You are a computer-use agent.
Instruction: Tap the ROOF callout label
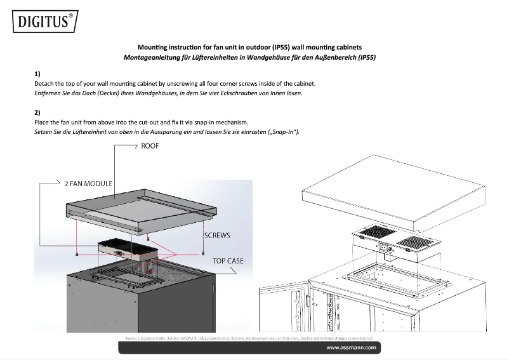coord(150,146)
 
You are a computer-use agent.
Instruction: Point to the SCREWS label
coord(217,235)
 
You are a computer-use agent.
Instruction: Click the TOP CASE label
coord(228,260)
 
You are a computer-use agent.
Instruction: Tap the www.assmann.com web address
coord(352,348)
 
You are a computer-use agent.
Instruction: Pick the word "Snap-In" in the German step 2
coord(284,131)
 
